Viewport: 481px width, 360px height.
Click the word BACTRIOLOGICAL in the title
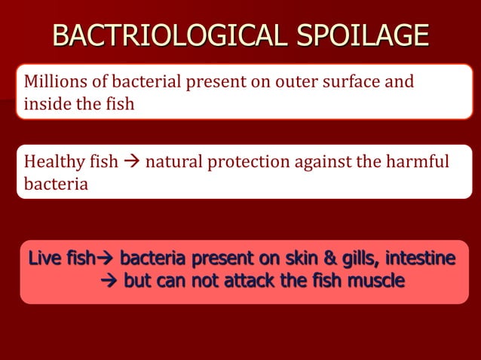pyautogui.click(x=170, y=35)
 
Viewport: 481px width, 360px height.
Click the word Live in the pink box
pyautogui.click(x=42, y=260)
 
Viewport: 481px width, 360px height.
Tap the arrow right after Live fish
pyautogui.click(x=105, y=260)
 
